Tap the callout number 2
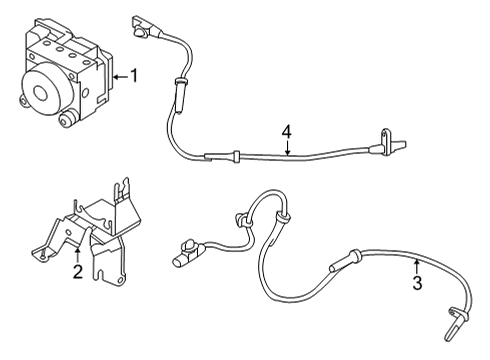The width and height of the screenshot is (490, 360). point(77,271)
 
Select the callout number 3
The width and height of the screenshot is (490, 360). point(417,283)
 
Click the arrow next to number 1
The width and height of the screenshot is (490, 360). point(119,76)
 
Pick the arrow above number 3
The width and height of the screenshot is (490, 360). point(415,263)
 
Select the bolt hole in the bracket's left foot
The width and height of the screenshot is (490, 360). point(45,255)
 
